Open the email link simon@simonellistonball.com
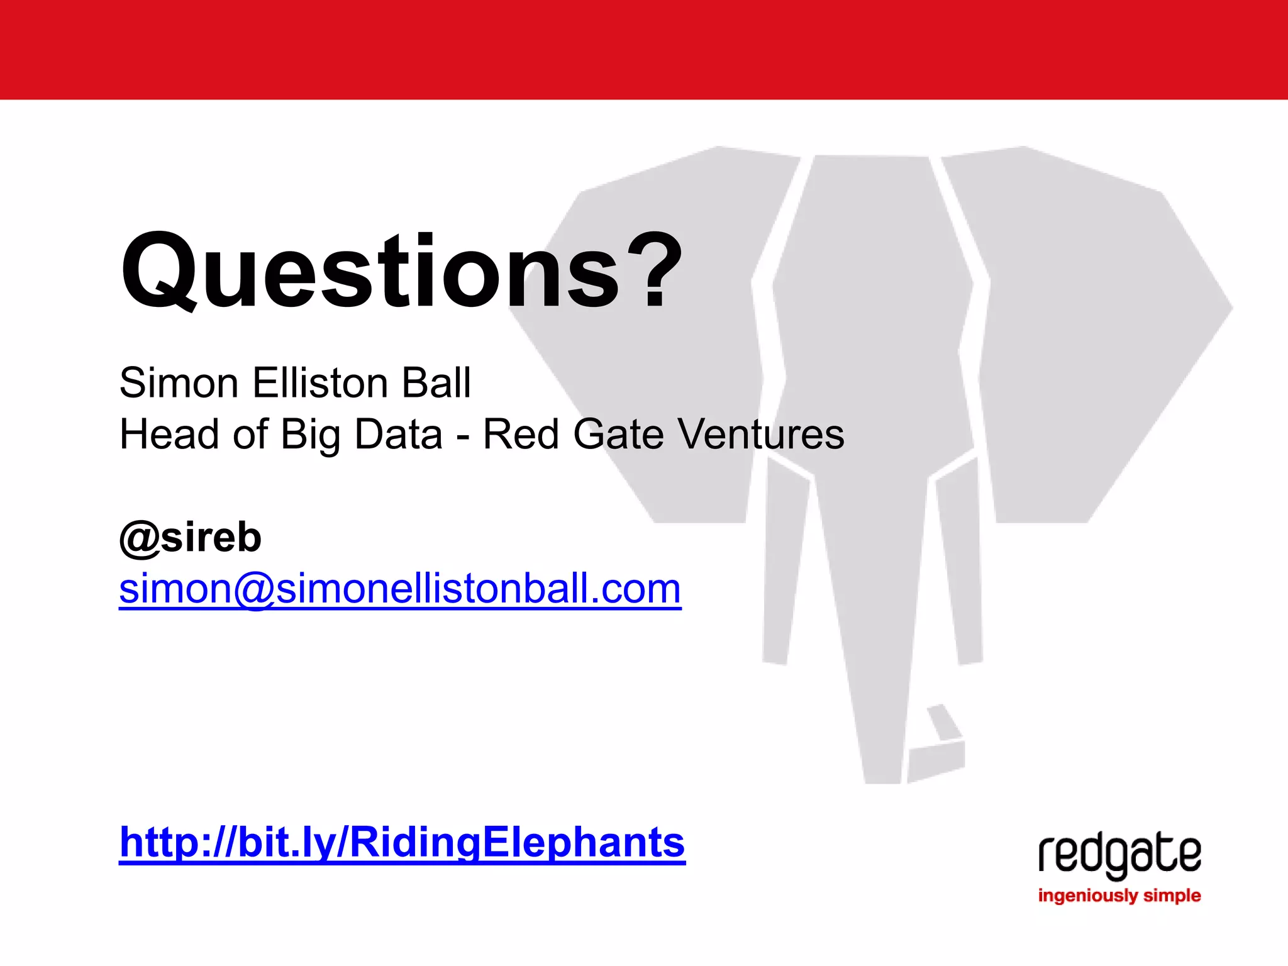(400, 589)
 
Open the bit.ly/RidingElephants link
(402, 842)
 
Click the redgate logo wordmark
(1119, 855)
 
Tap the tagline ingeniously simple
(1119, 896)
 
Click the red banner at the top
(644, 49)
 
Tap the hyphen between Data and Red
(463, 436)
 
